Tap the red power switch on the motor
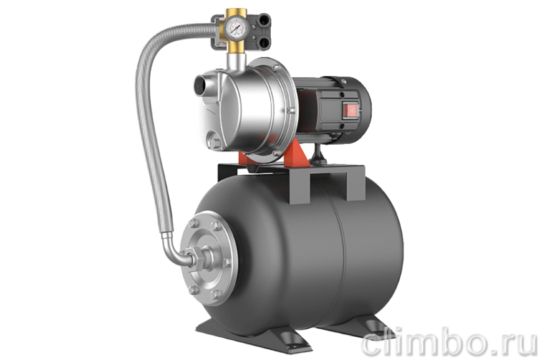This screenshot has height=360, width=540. click(351, 111)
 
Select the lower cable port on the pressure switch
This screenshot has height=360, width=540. click(265, 43)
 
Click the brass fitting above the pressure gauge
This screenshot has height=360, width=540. click(236, 13)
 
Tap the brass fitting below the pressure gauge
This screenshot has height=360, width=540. click(236, 45)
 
